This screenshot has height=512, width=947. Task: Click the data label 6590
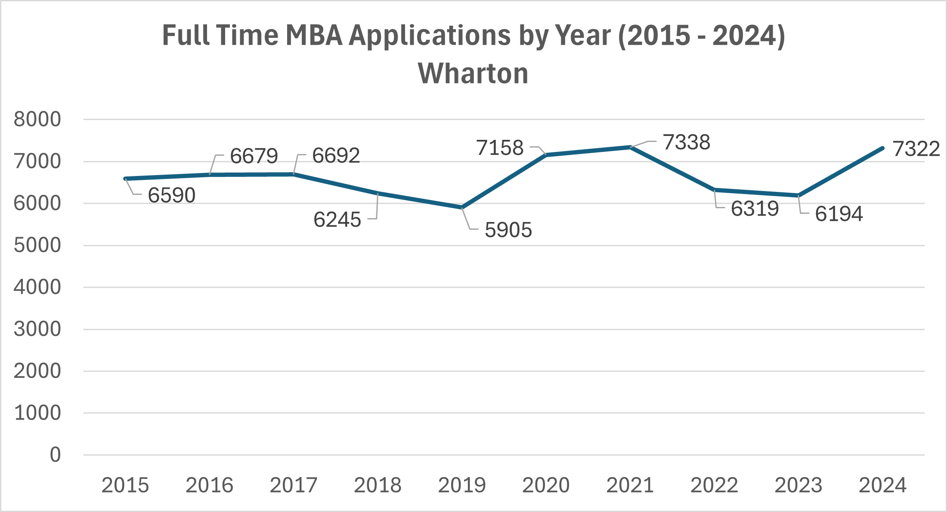(x=172, y=195)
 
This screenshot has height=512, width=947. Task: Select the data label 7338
(x=686, y=142)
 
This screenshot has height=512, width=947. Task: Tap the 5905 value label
(x=508, y=230)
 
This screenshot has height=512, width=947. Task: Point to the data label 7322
(x=916, y=149)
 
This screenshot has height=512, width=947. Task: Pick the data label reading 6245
(x=337, y=220)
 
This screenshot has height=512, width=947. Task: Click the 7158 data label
(x=500, y=148)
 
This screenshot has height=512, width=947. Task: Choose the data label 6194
(x=839, y=214)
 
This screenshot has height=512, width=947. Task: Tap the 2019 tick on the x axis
(x=462, y=485)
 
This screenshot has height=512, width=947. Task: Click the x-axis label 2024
(x=882, y=485)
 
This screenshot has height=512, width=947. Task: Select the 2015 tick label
(x=125, y=485)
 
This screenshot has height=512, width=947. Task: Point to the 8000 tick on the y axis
(x=37, y=120)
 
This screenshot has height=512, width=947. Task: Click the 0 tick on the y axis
(x=55, y=455)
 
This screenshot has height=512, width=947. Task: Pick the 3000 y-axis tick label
(x=37, y=329)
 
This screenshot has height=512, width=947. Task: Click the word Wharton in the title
(x=473, y=74)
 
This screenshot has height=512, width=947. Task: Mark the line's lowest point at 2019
(x=462, y=207)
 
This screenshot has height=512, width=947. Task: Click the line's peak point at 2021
(x=630, y=147)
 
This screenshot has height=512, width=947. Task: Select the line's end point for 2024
(x=882, y=148)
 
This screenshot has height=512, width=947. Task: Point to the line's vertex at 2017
(x=294, y=174)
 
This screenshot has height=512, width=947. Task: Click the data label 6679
(x=254, y=156)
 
